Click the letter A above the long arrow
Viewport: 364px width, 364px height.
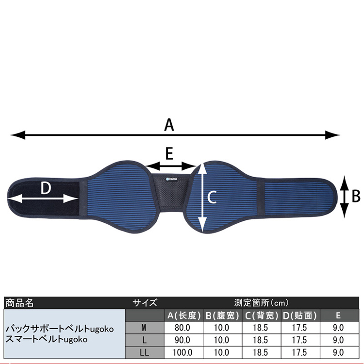tap(169, 125)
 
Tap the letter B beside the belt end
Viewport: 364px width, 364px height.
tap(355, 196)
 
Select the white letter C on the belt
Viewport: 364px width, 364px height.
tap(212, 197)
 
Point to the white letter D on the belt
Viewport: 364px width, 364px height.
tap(46, 188)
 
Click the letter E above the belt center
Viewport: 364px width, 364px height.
tap(169, 154)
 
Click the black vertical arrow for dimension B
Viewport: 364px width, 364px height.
tap(344, 197)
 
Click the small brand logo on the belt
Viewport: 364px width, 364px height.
tap(170, 178)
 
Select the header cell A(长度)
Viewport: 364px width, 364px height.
tap(184, 315)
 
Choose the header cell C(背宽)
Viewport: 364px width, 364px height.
tap(261, 315)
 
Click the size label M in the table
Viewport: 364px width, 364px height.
tap(144, 328)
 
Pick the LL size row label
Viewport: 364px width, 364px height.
tap(144, 352)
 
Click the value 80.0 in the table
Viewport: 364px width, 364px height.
tap(183, 328)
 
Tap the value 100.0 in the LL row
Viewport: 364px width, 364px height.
tap(183, 352)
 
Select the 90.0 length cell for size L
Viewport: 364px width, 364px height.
tap(183, 340)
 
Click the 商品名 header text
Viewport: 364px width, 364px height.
tap(19, 303)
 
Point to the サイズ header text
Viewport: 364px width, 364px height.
tap(145, 303)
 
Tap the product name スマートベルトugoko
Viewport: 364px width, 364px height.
tap(46, 339)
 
